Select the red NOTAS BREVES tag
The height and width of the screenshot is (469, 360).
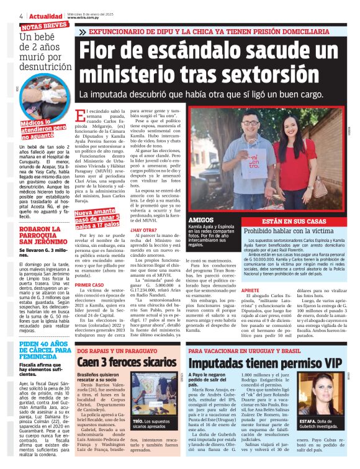click(45, 25)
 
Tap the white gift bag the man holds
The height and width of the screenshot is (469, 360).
click(250, 167)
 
